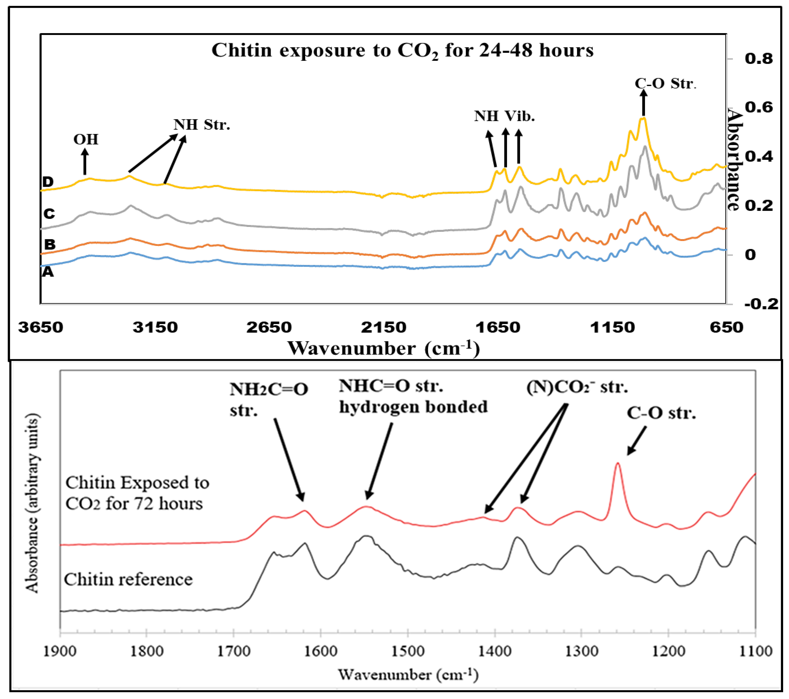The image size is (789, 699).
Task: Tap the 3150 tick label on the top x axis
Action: (155, 327)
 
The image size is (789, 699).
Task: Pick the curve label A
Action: (47, 272)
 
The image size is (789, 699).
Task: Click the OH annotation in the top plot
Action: (86, 139)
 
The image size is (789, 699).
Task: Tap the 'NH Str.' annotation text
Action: (202, 125)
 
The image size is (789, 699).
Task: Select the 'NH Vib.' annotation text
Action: (504, 116)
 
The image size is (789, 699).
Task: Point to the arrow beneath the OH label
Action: (85, 162)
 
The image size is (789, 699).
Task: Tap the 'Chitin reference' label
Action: (128, 580)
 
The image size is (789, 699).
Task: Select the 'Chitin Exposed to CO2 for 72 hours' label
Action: (137, 493)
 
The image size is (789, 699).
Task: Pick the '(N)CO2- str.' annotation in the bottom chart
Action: (577, 387)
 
